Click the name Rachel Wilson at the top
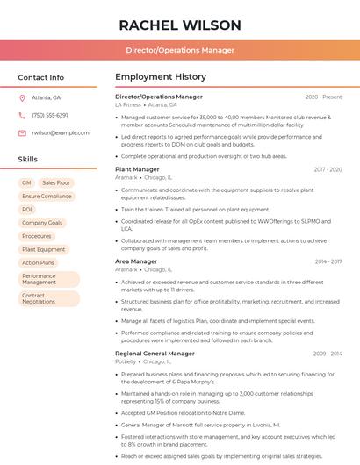pyautogui.click(x=179, y=25)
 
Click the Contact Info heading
pyautogui.click(x=40, y=77)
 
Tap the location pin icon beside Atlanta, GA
pyautogui.click(x=22, y=97)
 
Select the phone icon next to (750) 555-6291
pyautogui.click(x=22, y=115)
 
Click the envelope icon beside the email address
pyautogui.click(x=22, y=132)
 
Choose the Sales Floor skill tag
pyautogui.click(x=57, y=182)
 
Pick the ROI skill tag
pyautogui.click(x=27, y=210)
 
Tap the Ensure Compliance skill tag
pyautogui.click(x=47, y=197)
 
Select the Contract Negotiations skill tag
pyautogui.click(x=39, y=298)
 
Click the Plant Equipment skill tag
pyautogui.click(x=44, y=249)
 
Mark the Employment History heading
pyautogui.click(x=160, y=77)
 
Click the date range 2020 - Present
pyautogui.click(x=323, y=97)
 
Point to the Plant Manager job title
pyautogui.click(x=137, y=169)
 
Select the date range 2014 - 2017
pyautogui.click(x=328, y=261)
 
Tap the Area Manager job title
pyautogui.click(x=136, y=261)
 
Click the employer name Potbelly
pyautogui.click(x=126, y=361)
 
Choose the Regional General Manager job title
pyautogui.click(x=155, y=354)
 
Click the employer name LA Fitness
pyautogui.click(x=127, y=104)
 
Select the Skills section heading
pyautogui.click(x=28, y=160)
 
